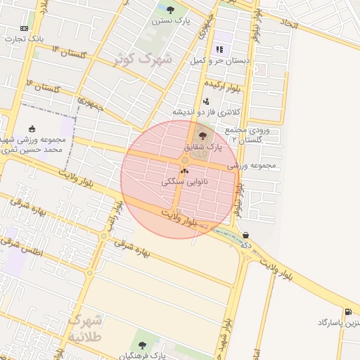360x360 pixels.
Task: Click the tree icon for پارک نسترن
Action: coord(171,10)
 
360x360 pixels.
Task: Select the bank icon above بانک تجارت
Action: coord(25,27)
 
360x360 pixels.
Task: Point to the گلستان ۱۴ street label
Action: coord(69,52)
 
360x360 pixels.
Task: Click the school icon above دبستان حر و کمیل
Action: coord(219,49)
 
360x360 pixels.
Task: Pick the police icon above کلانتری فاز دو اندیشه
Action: coord(206,101)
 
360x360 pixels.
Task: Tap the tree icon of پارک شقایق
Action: coord(203,136)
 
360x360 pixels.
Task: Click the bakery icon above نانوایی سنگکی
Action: coord(185,170)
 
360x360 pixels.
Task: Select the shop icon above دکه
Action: coord(245,234)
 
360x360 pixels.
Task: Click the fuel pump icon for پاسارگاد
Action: coord(348,311)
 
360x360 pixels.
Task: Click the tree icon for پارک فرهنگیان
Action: coord(143,345)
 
